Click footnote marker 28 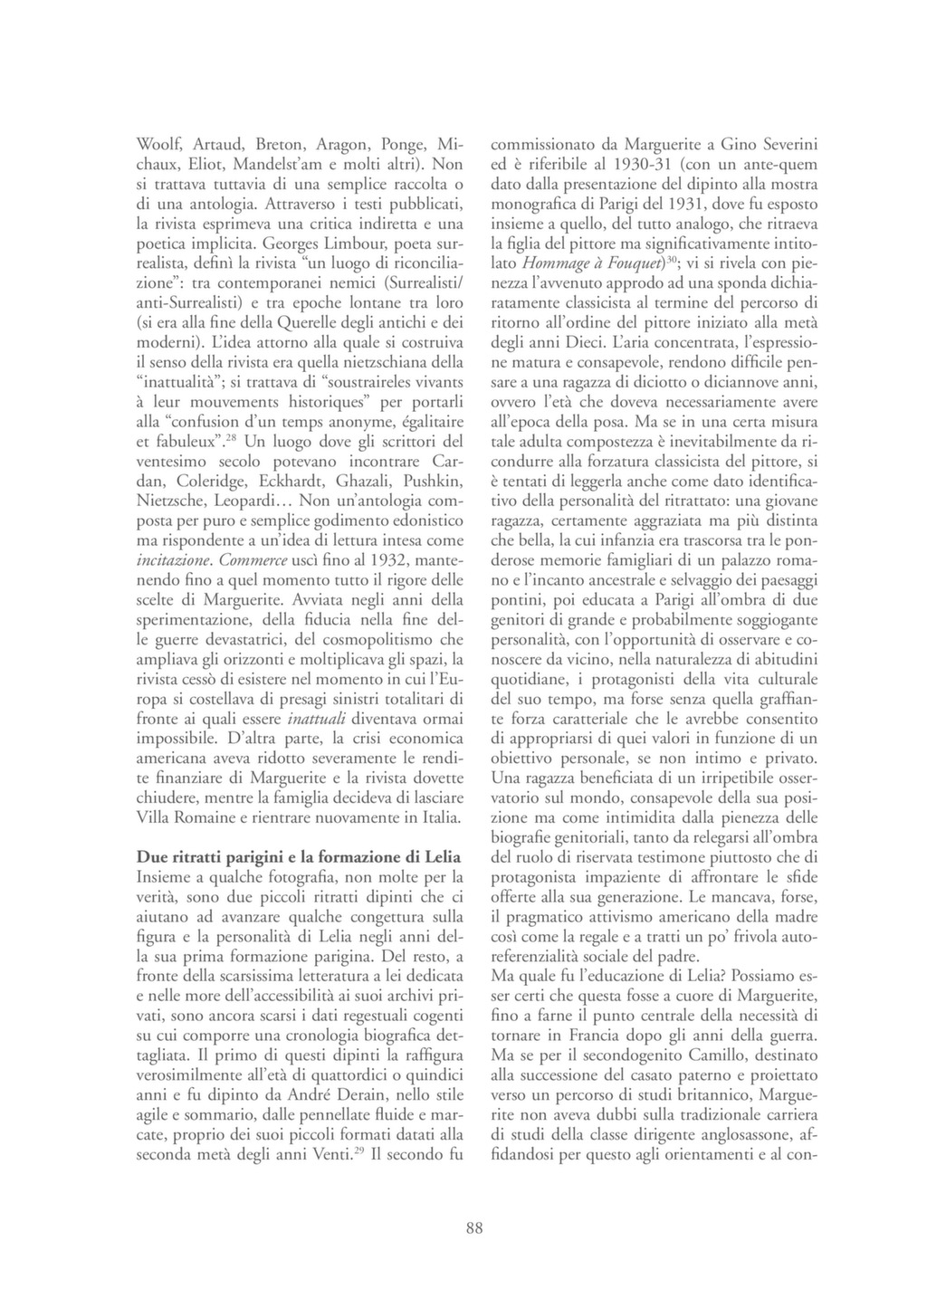point(231,438)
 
